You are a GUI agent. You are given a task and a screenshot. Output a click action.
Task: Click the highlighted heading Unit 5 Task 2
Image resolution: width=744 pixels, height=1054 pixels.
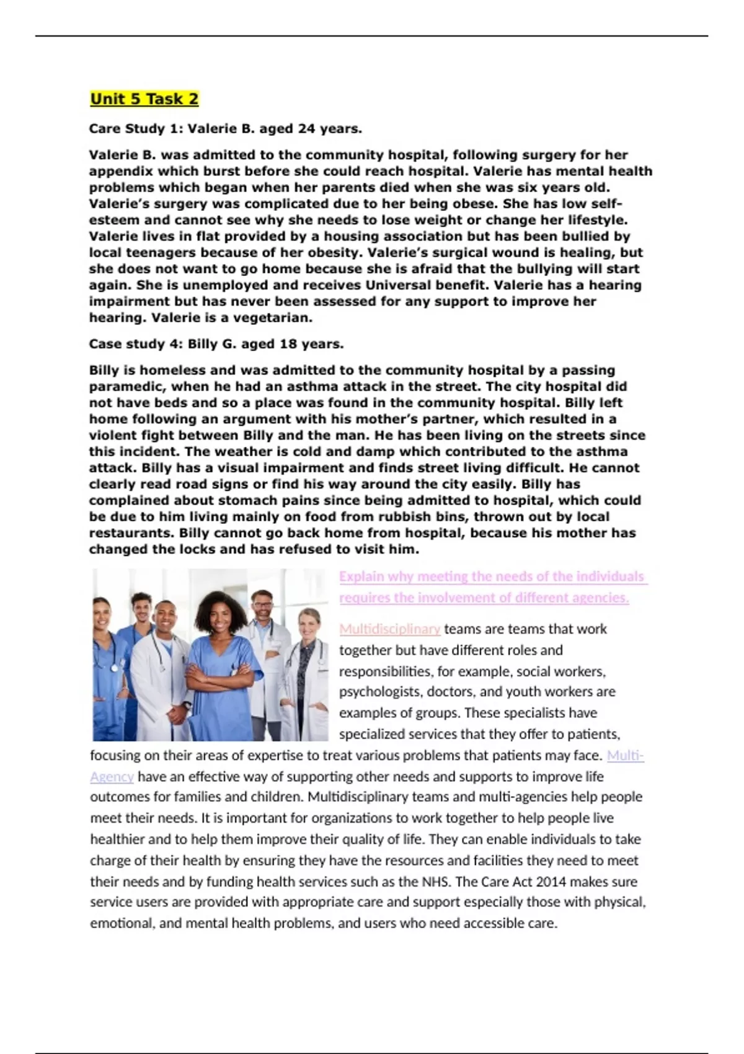(144, 99)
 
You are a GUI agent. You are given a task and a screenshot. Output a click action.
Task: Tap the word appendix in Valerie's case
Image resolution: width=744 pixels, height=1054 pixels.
(119, 172)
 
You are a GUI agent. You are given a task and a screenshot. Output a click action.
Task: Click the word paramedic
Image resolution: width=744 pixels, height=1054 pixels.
(126, 387)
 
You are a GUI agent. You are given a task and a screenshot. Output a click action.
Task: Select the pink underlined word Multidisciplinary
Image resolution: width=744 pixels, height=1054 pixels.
(389, 629)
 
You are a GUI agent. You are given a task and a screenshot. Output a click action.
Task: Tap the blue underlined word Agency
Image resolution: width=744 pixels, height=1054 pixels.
(112, 777)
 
